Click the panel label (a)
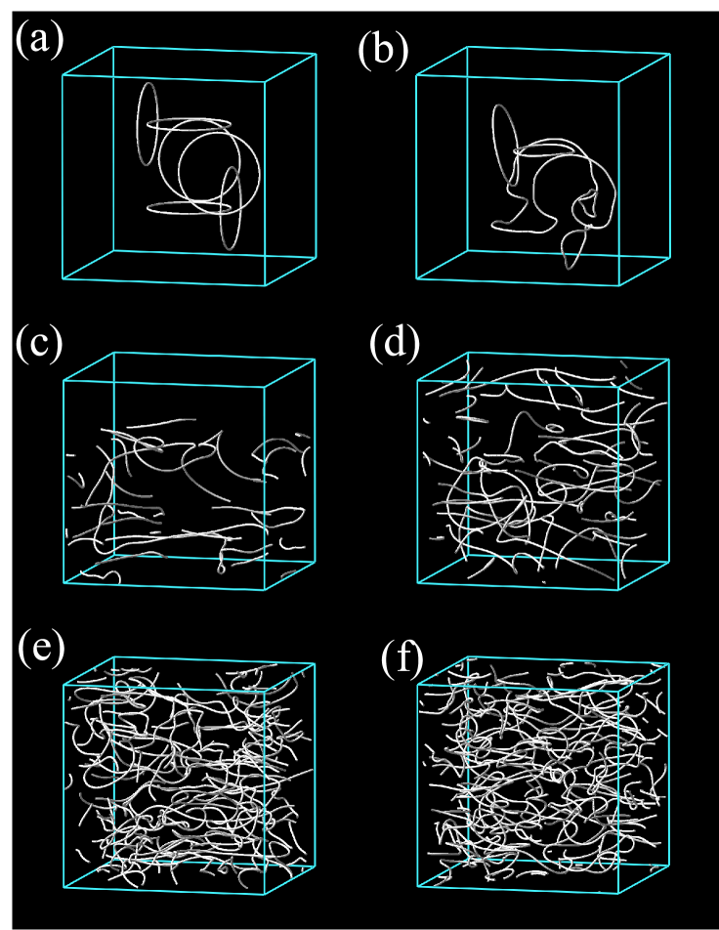click(x=40, y=41)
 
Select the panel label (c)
click(x=39, y=344)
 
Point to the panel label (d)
click(x=395, y=344)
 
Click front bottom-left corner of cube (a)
click(x=63, y=278)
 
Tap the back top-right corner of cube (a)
click(x=316, y=54)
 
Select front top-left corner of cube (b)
click(x=417, y=74)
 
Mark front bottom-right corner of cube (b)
click(x=619, y=285)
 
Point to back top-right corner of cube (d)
click(x=669, y=359)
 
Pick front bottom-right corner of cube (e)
click(x=264, y=893)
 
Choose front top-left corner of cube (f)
click(x=418, y=684)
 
